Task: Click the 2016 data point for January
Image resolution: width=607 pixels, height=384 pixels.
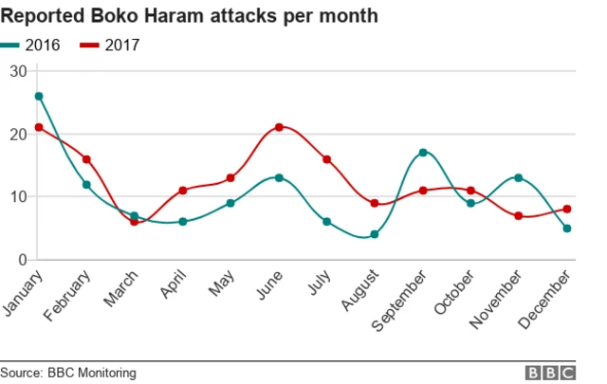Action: (38, 96)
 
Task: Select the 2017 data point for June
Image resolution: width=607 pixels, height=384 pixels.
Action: (279, 127)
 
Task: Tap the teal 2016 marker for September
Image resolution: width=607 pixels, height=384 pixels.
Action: (423, 153)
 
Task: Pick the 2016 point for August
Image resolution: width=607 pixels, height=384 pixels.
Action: (375, 234)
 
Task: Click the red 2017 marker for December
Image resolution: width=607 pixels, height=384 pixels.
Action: (567, 210)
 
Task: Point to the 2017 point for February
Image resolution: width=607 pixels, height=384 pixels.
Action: (86, 159)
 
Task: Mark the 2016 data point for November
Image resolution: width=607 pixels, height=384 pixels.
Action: (519, 177)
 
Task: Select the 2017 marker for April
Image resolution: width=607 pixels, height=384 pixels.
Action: (182, 191)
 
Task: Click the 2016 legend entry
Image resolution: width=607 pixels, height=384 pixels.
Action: (33, 45)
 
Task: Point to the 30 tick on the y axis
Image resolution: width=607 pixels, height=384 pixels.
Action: (18, 71)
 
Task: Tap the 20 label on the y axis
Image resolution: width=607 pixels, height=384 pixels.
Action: (18, 134)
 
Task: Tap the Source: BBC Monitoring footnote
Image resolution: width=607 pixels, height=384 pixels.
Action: (68, 373)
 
